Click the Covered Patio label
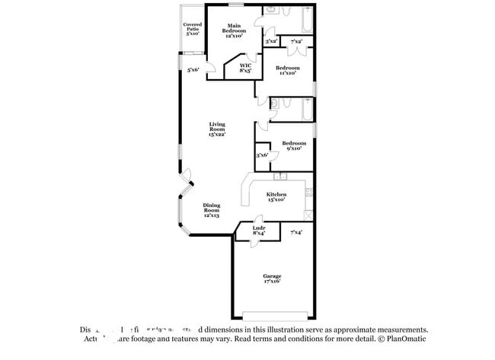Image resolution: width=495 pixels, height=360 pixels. [x=192, y=29]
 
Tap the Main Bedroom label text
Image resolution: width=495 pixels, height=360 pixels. [x=235, y=30]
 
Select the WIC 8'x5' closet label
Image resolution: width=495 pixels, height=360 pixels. [x=245, y=68]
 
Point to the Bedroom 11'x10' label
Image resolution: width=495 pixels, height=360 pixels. [x=288, y=71]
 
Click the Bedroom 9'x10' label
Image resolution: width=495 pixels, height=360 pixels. [x=293, y=145]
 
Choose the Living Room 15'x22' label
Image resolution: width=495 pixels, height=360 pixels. [x=218, y=129]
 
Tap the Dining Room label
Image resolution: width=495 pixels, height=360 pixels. [x=212, y=210]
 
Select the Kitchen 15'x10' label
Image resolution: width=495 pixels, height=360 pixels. [x=276, y=197]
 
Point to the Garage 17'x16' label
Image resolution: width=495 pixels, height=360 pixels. [x=272, y=279]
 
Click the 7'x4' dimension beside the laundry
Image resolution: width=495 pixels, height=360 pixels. [x=296, y=232]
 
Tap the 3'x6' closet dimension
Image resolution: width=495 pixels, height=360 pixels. [x=262, y=155]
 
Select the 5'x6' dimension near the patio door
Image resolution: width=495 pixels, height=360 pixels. [x=194, y=70]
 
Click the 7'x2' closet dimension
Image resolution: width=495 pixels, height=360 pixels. [x=296, y=41]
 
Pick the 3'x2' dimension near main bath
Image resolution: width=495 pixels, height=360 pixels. [x=271, y=41]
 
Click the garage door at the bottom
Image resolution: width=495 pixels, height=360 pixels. [x=275, y=314]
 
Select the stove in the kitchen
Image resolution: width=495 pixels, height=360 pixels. [x=308, y=214]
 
